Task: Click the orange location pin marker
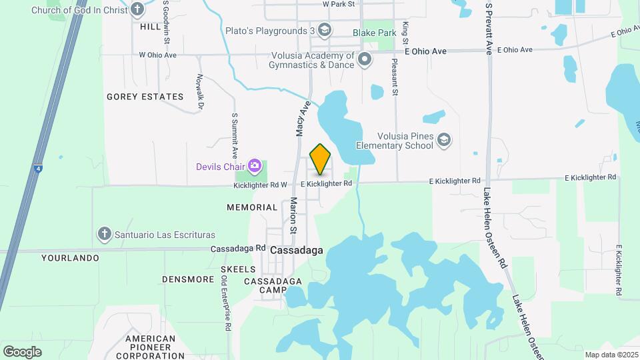[321, 159]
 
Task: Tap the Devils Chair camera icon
[254, 165]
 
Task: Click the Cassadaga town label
[297, 250]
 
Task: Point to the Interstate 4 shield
[39, 169]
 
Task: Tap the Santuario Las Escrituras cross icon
[103, 234]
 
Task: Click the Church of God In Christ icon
[137, 9]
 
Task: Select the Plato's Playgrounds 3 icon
[325, 30]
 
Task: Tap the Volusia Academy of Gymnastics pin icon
[365, 60]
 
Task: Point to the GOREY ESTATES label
[145, 97]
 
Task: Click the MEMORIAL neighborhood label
[252, 207]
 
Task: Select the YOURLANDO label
[70, 257]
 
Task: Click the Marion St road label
[293, 215]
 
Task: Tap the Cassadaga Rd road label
[238, 248]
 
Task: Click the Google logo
[22, 351]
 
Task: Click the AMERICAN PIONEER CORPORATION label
[150, 347]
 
